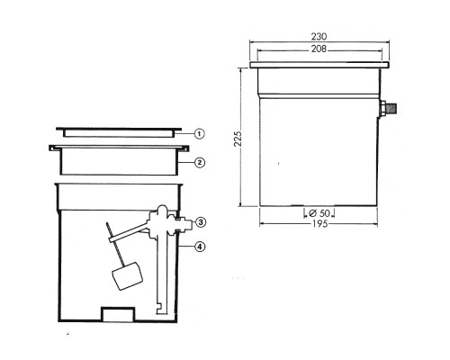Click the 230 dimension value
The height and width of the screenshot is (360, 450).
tap(319, 37)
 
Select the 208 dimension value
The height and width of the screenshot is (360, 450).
tap(319, 49)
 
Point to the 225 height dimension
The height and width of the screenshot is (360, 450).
tap(238, 139)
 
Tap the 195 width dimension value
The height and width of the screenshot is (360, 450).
tap(319, 224)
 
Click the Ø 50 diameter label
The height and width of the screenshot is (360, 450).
tap(319, 213)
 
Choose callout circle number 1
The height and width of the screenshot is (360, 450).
tap(200, 133)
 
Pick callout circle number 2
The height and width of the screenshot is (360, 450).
tap(200, 163)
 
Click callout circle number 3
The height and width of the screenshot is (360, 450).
tap(201, 222)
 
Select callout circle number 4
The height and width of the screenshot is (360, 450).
tap(200, 247)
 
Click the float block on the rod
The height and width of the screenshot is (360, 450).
tap(127, 275)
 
